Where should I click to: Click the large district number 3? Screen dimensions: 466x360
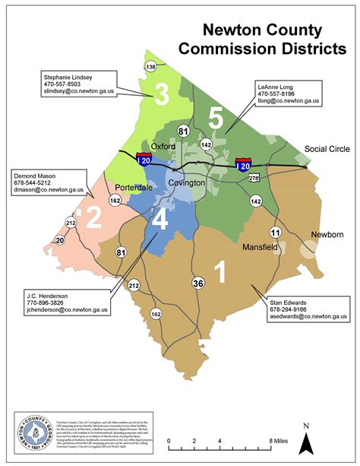tap(160, 94)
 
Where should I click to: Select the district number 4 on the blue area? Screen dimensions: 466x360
tap(160, 220)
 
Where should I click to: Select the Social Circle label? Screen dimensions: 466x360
tap(325, 148)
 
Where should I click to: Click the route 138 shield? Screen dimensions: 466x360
tap(150, 68)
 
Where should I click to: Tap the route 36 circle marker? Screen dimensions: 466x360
tap(198, 284)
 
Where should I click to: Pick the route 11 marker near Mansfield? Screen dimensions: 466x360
tap(275, 232)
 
